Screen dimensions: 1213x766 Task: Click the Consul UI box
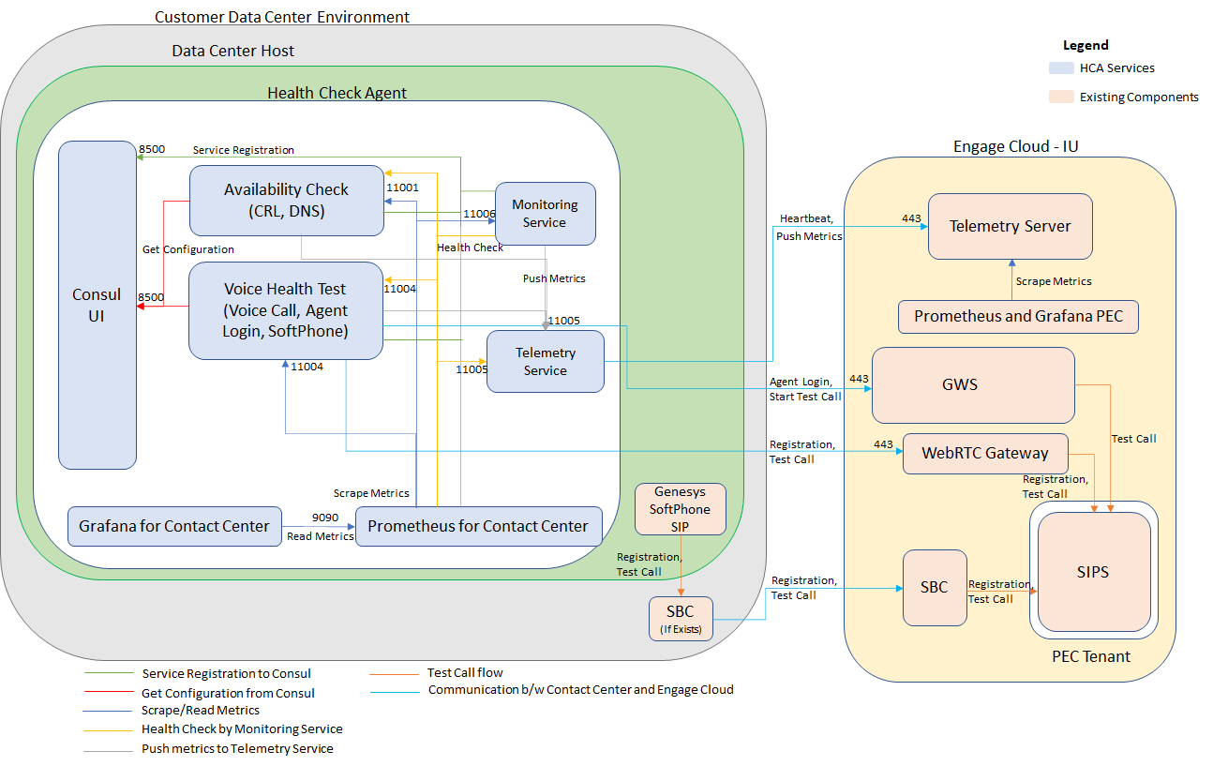(97, 305)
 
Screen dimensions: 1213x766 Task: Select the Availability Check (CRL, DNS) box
(287, 201)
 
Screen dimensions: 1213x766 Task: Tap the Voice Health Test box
(286, 310)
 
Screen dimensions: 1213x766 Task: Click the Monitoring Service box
(546, 214)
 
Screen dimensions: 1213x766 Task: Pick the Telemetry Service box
(546, 361)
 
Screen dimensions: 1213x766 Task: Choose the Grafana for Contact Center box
(174, 526)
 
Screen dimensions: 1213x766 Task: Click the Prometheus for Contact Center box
(479, 526)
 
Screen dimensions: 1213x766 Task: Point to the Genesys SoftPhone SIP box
(681, 509)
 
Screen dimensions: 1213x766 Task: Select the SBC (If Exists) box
(681, 619)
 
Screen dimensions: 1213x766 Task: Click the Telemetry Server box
(1010, 227)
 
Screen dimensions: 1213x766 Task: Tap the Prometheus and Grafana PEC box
(1018, 316)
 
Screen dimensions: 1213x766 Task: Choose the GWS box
(973, 385)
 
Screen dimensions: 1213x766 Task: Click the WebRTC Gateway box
(985, 454)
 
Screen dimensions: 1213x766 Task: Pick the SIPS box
(1094, 572)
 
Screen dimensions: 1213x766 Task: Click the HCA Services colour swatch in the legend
(1061, 68)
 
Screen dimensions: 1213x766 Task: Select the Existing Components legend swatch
(1061, 97)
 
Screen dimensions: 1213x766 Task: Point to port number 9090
(325, 518)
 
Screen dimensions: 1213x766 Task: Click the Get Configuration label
(187, 249)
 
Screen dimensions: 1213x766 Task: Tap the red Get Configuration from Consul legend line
(109, 692)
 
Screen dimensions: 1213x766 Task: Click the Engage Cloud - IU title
(1015, 146)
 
